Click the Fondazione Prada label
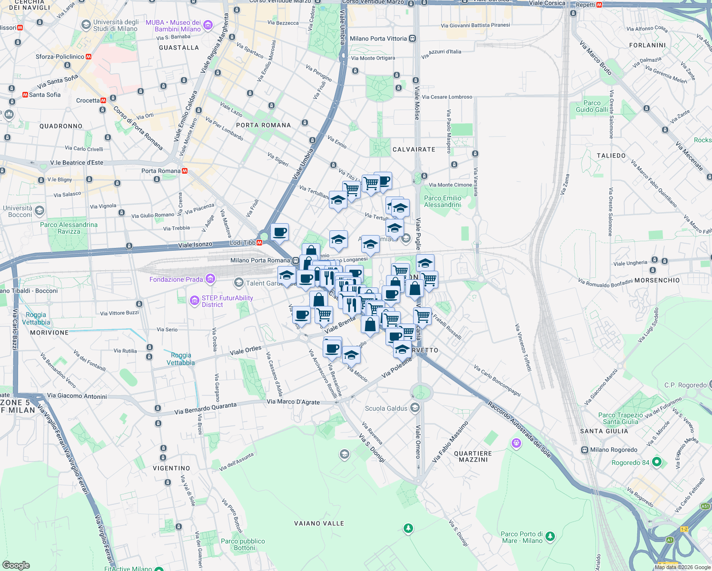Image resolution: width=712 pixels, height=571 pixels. click(x=176, y=279)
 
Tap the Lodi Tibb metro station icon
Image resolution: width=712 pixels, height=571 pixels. click(x=259, y=243)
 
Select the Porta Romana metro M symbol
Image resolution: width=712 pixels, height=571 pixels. click(x=184, y=171)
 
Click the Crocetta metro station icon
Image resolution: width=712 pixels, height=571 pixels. click(x=103, y=100)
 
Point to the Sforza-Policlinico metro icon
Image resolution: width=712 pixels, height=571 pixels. click(x=88, y=57)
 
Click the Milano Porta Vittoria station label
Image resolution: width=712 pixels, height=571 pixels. click(x=378, y=39)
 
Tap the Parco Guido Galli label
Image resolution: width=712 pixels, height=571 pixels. click(x=592, y=106)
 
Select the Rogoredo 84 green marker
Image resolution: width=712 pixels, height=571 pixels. click(x=657, y=462)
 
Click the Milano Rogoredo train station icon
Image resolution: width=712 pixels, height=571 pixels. click(x=584, y=450)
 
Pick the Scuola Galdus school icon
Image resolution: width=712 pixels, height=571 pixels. click(x=415, y=408)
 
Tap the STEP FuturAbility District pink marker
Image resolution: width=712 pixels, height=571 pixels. click(x=194, y=301)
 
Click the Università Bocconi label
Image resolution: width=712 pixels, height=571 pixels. click(x=18, y=211)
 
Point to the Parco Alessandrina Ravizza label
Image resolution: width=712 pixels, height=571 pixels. click(x=69, y=228)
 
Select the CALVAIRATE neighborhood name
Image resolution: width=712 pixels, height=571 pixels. click(x=414, y=149)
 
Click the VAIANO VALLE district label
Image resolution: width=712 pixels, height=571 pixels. click(x=319, y=523)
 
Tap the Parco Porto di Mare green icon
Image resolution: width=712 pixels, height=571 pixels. click(x=550, y=537)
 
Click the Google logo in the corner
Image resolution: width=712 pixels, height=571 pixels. click(x=16, y=565)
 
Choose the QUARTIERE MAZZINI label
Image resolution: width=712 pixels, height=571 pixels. click(x=473, y=456)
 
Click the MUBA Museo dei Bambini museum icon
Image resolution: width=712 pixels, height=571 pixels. click(x=208, y=25)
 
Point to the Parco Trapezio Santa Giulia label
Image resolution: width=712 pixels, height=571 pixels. click(x=620, y=418)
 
